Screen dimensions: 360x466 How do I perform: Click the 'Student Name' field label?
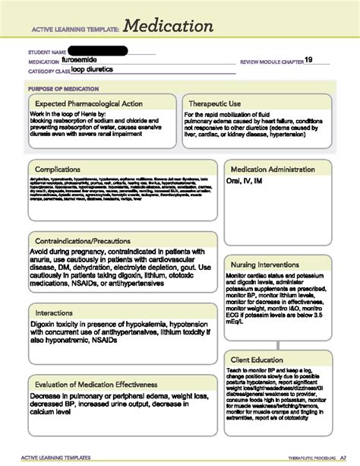48,52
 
